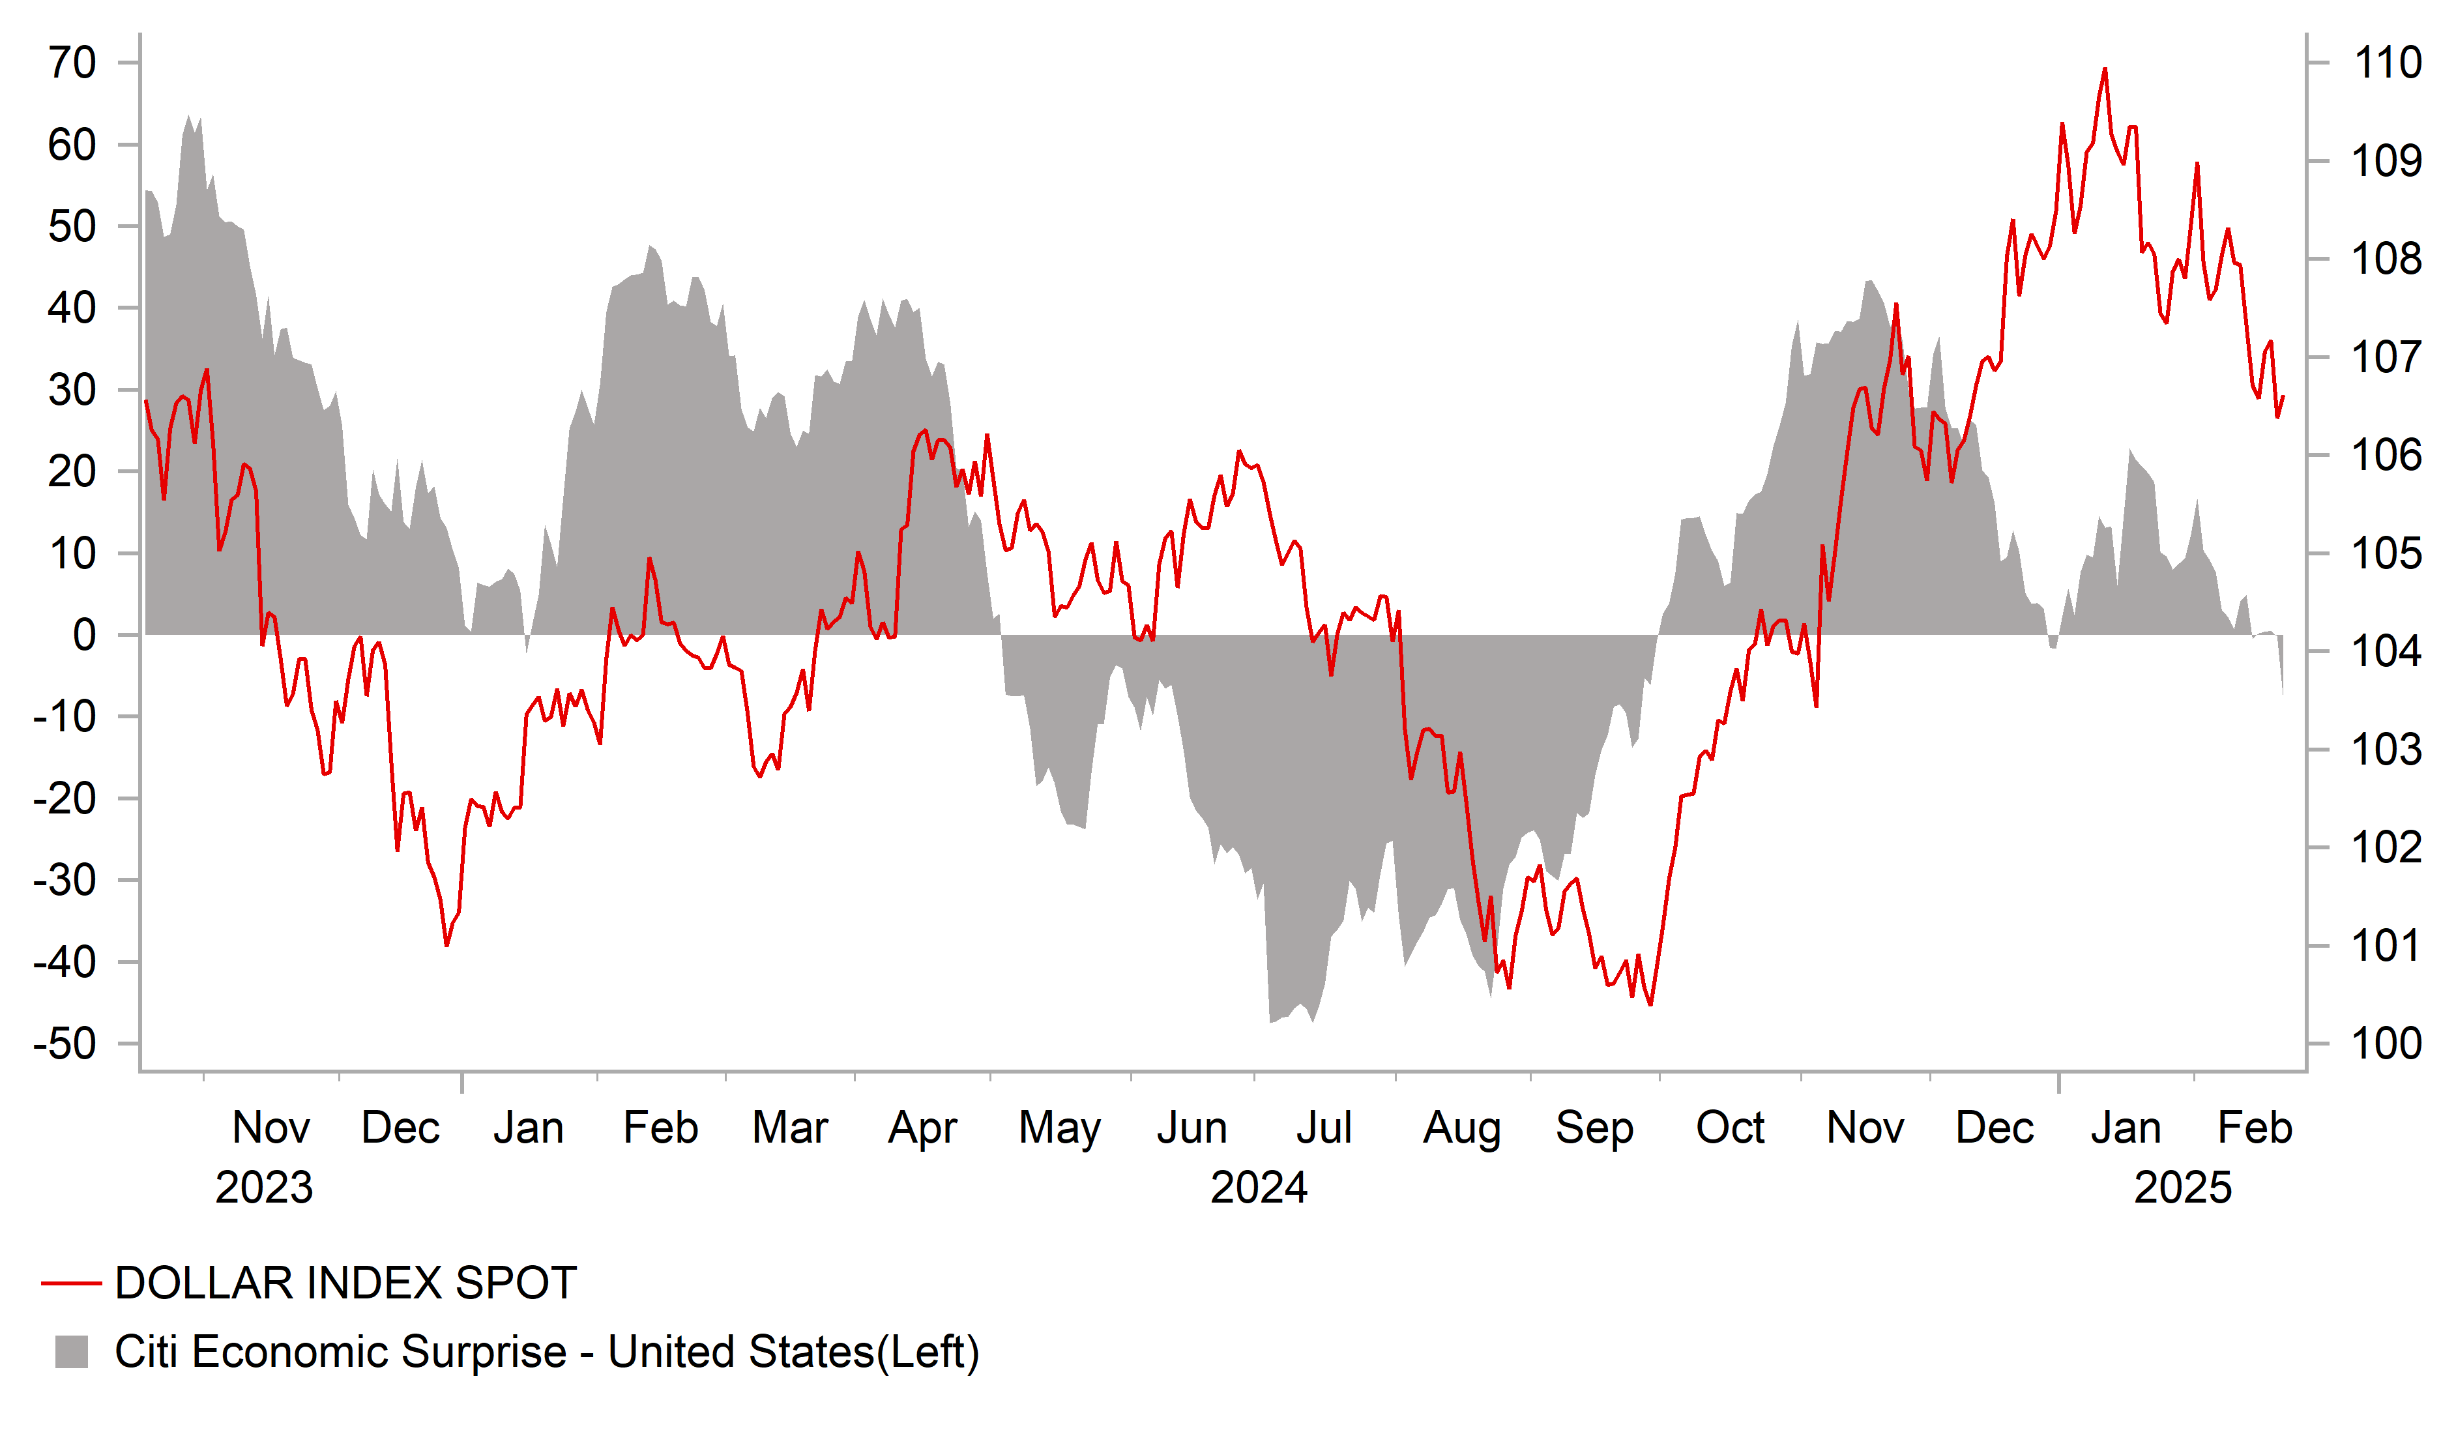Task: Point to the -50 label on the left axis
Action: tap(65, 1044)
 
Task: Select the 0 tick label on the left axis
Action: tap(85, 636)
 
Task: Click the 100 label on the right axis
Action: tap(2387, 1044)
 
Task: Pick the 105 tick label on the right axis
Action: tap(2387, 553)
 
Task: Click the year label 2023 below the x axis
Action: tap(263, 1188)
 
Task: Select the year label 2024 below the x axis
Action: tap(1258, 1188)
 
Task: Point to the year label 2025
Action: tap(2182, 1188)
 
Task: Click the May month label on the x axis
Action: tap(1059, 1128)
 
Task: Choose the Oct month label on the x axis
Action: tap(1730, 1128)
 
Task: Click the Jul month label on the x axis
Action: tap(1324, 1128)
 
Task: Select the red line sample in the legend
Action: tap(71, 1284)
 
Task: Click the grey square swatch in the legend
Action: tap(71, 1352)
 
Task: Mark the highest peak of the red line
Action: tap(2105, 69)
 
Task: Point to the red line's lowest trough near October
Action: tap(1650, 1004)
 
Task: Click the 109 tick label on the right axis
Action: tap(2387, 161)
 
